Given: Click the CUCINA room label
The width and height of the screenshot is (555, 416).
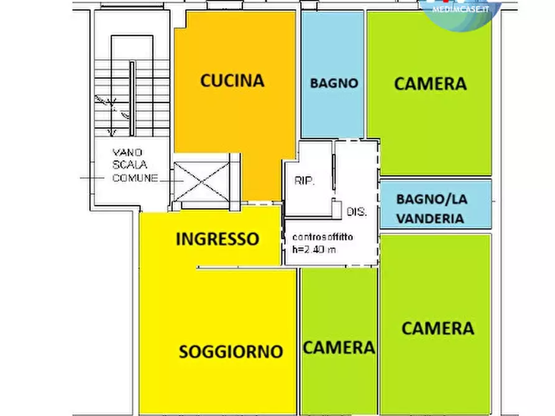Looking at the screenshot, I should click(x=232, y=81).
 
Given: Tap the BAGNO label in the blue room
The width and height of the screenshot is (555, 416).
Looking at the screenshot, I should click(x=334, y=83).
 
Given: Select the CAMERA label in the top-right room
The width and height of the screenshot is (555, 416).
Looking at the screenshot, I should click(x=430, y=83).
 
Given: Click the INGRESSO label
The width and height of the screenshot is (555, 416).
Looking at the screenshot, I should click(x=217, y=239).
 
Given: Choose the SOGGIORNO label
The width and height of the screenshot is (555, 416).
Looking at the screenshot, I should click(x=231, y=351).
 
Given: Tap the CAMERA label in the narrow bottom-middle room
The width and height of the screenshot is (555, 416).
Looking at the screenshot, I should click(x=339, y=348).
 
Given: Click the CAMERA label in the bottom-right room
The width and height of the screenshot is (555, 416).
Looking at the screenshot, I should click(x=438, y=328).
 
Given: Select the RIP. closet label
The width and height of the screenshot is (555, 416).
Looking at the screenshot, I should click(x=305, y=181).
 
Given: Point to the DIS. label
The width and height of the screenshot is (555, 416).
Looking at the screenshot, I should click(x=357, y=211).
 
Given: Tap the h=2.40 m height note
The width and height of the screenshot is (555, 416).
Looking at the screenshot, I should click(x=315, y=250).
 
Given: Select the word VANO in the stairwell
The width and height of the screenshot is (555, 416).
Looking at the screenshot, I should click(x=127, y=152).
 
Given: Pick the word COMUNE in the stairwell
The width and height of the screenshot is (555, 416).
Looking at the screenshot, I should click(x=135, y=178).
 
